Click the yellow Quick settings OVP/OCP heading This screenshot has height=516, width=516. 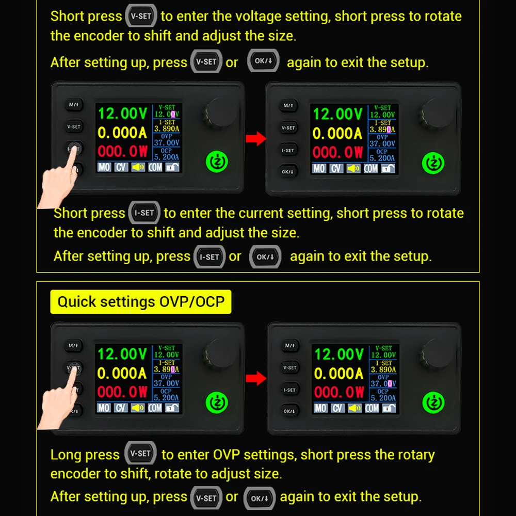point(140,301)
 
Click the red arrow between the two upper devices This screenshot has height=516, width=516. point(256,138)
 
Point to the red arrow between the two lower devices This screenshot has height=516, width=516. point(256,378)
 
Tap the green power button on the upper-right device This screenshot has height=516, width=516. point(433,163)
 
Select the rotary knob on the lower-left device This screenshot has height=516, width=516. point(220,355)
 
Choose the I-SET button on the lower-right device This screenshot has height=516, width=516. point(289,390)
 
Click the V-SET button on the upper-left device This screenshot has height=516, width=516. point(74,126)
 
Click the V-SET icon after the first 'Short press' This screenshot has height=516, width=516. point(141,16)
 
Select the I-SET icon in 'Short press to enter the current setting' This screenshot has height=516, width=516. point(144,213)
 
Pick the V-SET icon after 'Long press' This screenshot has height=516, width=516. point(140,453)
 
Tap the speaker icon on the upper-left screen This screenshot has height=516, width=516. point(138,167)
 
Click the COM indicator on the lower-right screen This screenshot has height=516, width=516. point(372,408)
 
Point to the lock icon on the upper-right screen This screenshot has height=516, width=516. point(388,169)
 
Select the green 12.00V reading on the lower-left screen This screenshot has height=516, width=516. point(122,354)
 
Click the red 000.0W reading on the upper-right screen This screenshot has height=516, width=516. point(337,152)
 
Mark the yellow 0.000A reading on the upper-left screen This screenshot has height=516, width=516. point(122,133)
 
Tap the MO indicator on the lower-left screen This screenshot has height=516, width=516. point(104,408)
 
